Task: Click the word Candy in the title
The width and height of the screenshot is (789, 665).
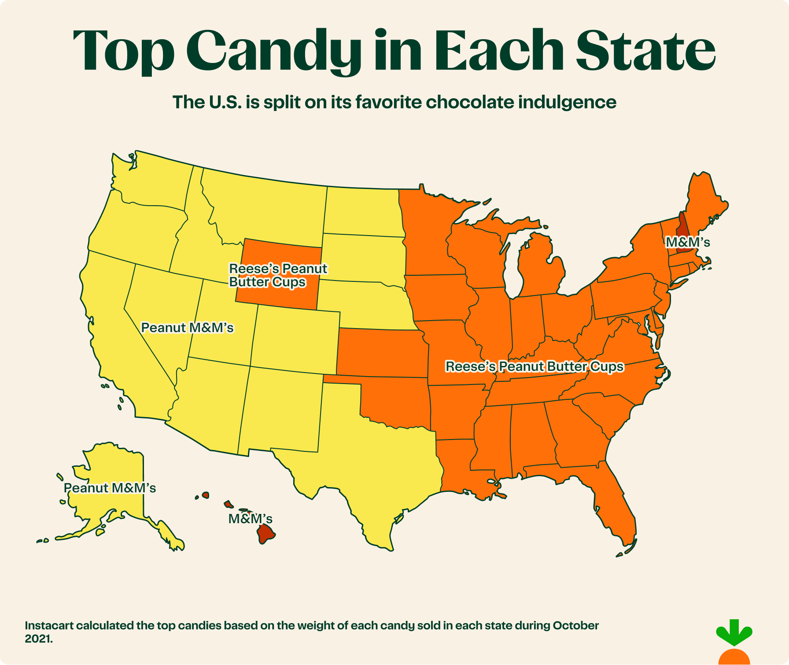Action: tap(276, 51)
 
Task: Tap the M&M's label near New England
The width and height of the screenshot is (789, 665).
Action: tap(688, 242)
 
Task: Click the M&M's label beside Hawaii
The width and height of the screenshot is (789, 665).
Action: tap(250, 519)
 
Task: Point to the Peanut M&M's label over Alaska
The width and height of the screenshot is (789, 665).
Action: tap(110, 488)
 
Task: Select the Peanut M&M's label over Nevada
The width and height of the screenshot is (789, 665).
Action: tap(187, 328)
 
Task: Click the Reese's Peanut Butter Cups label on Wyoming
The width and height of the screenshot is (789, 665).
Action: tap(278, 275)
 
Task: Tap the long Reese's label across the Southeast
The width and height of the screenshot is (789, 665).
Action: tap(535, 366)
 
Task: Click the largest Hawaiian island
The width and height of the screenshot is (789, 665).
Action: tap(266, 534)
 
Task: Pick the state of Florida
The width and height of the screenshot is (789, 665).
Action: tap(616, 506)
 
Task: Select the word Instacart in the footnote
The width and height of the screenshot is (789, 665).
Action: tap(49, 625)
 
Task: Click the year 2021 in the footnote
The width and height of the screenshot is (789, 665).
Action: tap(37, 639)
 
